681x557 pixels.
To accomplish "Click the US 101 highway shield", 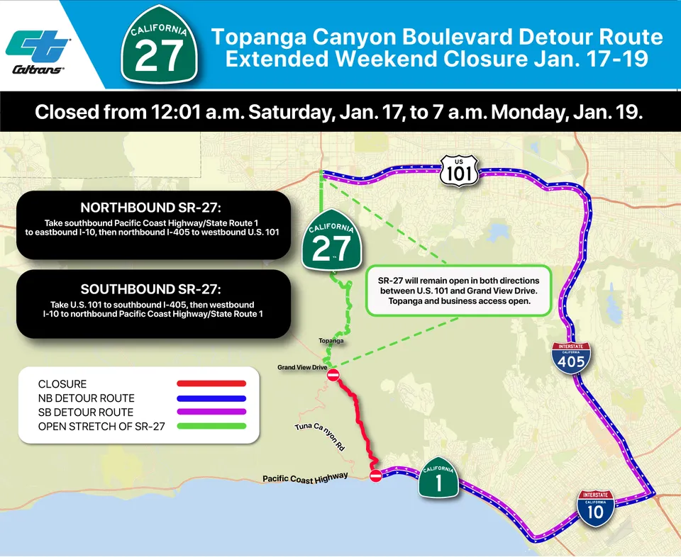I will [x=458, y=171].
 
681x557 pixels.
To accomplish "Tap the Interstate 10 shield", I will [x=595, y=507].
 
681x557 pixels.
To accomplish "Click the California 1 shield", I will [x=437, y=480].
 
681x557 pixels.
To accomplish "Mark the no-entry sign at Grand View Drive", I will [x=333, y=375].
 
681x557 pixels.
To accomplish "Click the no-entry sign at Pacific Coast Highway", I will [x=376, y=476].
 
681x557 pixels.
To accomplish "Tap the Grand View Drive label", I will [x=301, y=368].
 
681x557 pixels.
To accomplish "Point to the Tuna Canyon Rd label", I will [x=319, y=438].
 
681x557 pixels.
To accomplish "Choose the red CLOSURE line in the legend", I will [x=211, y=383].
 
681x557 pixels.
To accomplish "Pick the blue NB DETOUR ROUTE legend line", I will [x=211, y=398].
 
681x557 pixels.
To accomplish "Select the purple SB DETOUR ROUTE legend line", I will [x=211, y=412].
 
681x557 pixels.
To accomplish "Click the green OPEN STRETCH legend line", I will [x=211, y=426].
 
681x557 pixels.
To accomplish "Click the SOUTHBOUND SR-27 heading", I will [x=153, y=289].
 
